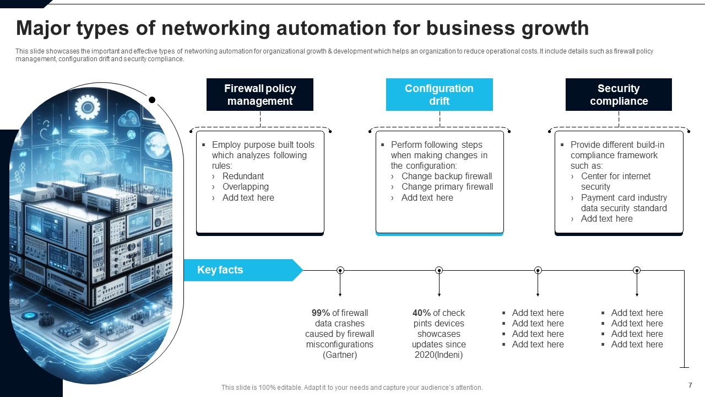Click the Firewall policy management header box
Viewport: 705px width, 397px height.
pos(260,95)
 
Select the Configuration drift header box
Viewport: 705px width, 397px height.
pos(439,95)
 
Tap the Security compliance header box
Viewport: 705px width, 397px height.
pos(619,95)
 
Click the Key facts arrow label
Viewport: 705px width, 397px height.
pos(220,270)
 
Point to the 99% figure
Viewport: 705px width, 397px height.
pos(320,313)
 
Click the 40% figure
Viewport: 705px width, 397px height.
pos(421,313)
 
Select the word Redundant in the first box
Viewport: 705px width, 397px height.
pos(243,176)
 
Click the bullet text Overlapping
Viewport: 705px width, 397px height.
pos(245,186)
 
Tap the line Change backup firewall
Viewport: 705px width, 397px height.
pos(447,176)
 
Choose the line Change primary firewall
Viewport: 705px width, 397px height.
pos(447,186)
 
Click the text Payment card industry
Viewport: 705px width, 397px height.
pos(623,197)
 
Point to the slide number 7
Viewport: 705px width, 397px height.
pos(690,385)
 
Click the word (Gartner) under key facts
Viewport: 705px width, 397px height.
pos(340,355)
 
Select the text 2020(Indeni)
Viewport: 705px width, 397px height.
pos(438,355)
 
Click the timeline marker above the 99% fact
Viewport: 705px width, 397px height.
pos(340,270)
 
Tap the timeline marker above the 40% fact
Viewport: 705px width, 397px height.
pos(439,270)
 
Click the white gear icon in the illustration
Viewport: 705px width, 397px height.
pos(86,107)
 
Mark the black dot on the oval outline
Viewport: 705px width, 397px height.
pos(152,100)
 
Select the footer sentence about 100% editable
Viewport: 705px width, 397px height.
pos(352,388)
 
